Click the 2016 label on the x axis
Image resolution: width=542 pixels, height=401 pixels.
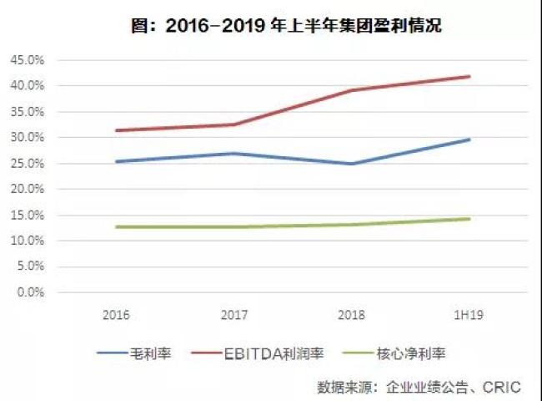pyautogui.click(x=116, y=316)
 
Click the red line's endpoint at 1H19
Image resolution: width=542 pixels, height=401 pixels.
pyautogui.click(x=470, y=76)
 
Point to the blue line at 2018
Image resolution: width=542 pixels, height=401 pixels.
pyautogui.click(x=352, y=164)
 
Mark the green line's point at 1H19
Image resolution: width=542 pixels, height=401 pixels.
pyautogui.click(x=470, y=219)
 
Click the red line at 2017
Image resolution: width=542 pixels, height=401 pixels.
pyautogui.click(x=234, y=124)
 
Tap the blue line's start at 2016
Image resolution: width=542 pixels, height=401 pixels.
pyautogui.click(x=116, y=161)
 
